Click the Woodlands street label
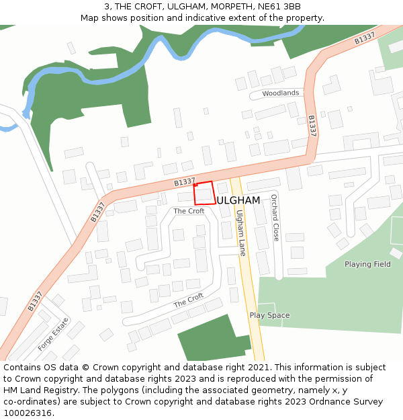pos(280,93)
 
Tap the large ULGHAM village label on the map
pos(238,200)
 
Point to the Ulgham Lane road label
pos(240,233)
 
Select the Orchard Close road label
pos(275,218)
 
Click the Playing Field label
pos(367,264)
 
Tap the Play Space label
pos(269,315)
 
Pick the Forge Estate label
pos(54,334)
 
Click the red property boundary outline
pos(204,193)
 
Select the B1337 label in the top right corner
pos(365,40)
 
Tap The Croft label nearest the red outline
pos(189,211)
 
